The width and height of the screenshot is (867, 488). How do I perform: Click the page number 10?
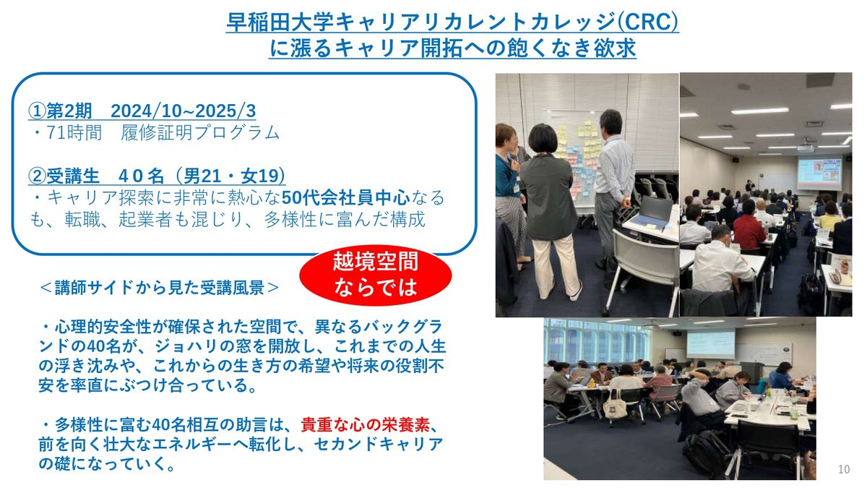[844, 469]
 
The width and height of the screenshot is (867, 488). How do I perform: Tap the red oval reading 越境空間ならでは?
[376, 275]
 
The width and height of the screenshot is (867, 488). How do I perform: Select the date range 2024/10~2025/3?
[183, 111]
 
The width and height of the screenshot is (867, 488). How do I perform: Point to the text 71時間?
[74, 132]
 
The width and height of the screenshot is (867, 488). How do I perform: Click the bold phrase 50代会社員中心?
[345, 197]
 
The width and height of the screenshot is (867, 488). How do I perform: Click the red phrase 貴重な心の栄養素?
[365, 425]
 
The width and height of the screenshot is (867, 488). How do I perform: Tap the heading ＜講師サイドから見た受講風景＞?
[159, 288]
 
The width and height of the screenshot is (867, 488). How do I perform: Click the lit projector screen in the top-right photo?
[819, 174]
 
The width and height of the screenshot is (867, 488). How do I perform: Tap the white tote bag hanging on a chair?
[615, 405]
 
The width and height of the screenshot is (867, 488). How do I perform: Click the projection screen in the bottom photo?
[711, 344]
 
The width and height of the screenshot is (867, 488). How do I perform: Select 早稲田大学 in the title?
[280, 22]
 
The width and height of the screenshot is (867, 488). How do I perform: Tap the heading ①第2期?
[60, 111]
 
